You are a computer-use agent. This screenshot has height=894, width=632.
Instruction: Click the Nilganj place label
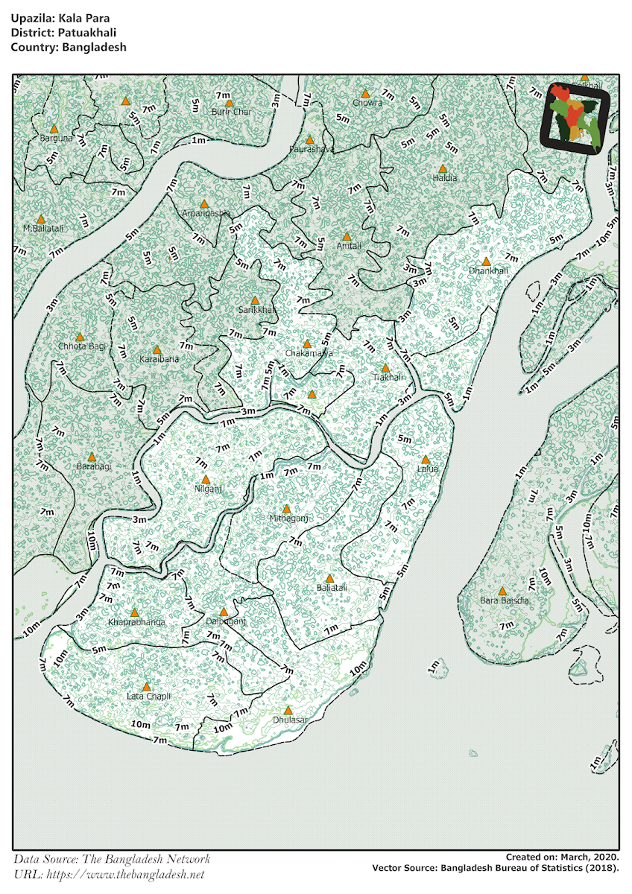coord(209,489)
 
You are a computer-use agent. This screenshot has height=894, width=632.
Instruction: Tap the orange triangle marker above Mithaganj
coord(286,508)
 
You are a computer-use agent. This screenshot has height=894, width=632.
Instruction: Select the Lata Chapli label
coord(148,696)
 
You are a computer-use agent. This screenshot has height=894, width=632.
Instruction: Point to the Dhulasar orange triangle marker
coord(288,710)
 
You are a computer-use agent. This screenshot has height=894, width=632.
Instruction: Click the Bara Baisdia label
coord(505,600)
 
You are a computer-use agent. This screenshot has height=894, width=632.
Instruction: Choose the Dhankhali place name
coord(488,271)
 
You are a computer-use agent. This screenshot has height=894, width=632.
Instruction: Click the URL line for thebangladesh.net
coord(108,874)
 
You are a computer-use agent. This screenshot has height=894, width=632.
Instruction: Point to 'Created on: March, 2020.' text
coord(561,857)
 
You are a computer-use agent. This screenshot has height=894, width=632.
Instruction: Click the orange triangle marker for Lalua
coord(426,459)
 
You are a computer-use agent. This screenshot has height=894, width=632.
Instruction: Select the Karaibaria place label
coord(159,359)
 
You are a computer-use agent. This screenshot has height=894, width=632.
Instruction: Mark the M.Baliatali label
coord(43,228)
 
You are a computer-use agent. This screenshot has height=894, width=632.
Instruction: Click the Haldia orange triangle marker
coord(443,168)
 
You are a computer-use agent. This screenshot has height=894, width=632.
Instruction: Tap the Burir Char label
coord(231,112)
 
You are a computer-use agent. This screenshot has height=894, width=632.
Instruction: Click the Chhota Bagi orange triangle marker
coord(80,337)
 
